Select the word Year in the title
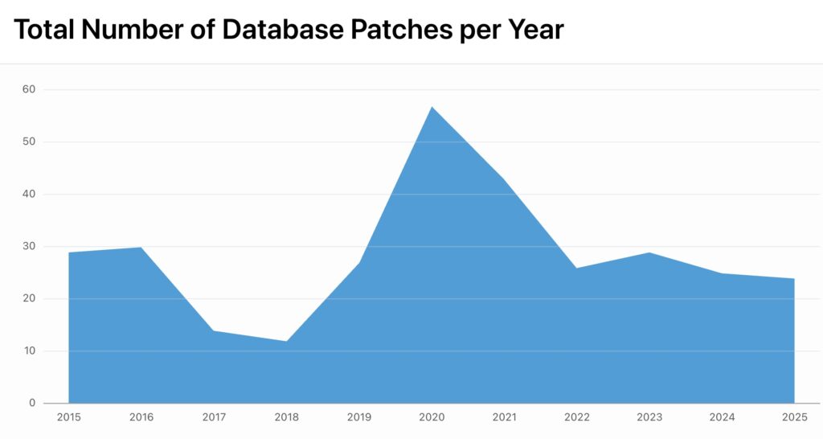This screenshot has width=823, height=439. tap(534, 30)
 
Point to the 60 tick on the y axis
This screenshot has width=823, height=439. tap(29, 89)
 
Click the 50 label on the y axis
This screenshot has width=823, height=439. tap(29, 142)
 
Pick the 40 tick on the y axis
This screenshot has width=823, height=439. tap(29, 194)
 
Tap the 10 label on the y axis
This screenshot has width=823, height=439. tap(29, 351)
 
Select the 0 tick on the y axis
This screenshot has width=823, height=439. tap(32, 403)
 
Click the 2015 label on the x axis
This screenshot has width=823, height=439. tap(69, 417)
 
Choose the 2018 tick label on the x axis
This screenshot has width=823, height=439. tap(287, 417)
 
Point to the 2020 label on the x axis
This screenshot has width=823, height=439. tap(432, 417)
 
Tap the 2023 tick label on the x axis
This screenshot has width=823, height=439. tap(649, 417)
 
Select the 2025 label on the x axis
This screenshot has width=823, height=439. tap(794, 417)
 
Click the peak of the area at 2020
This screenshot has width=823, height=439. tap(432, 106)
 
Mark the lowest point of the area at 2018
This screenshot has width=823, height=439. tap(287, 341)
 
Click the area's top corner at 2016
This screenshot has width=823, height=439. tap(141, 247)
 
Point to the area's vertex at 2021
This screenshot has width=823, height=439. tap(504, 178)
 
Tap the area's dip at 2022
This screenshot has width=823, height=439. tap(577, 268)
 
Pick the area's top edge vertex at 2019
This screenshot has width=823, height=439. tap(359, 262)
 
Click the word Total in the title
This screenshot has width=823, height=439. tap(45, 30)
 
